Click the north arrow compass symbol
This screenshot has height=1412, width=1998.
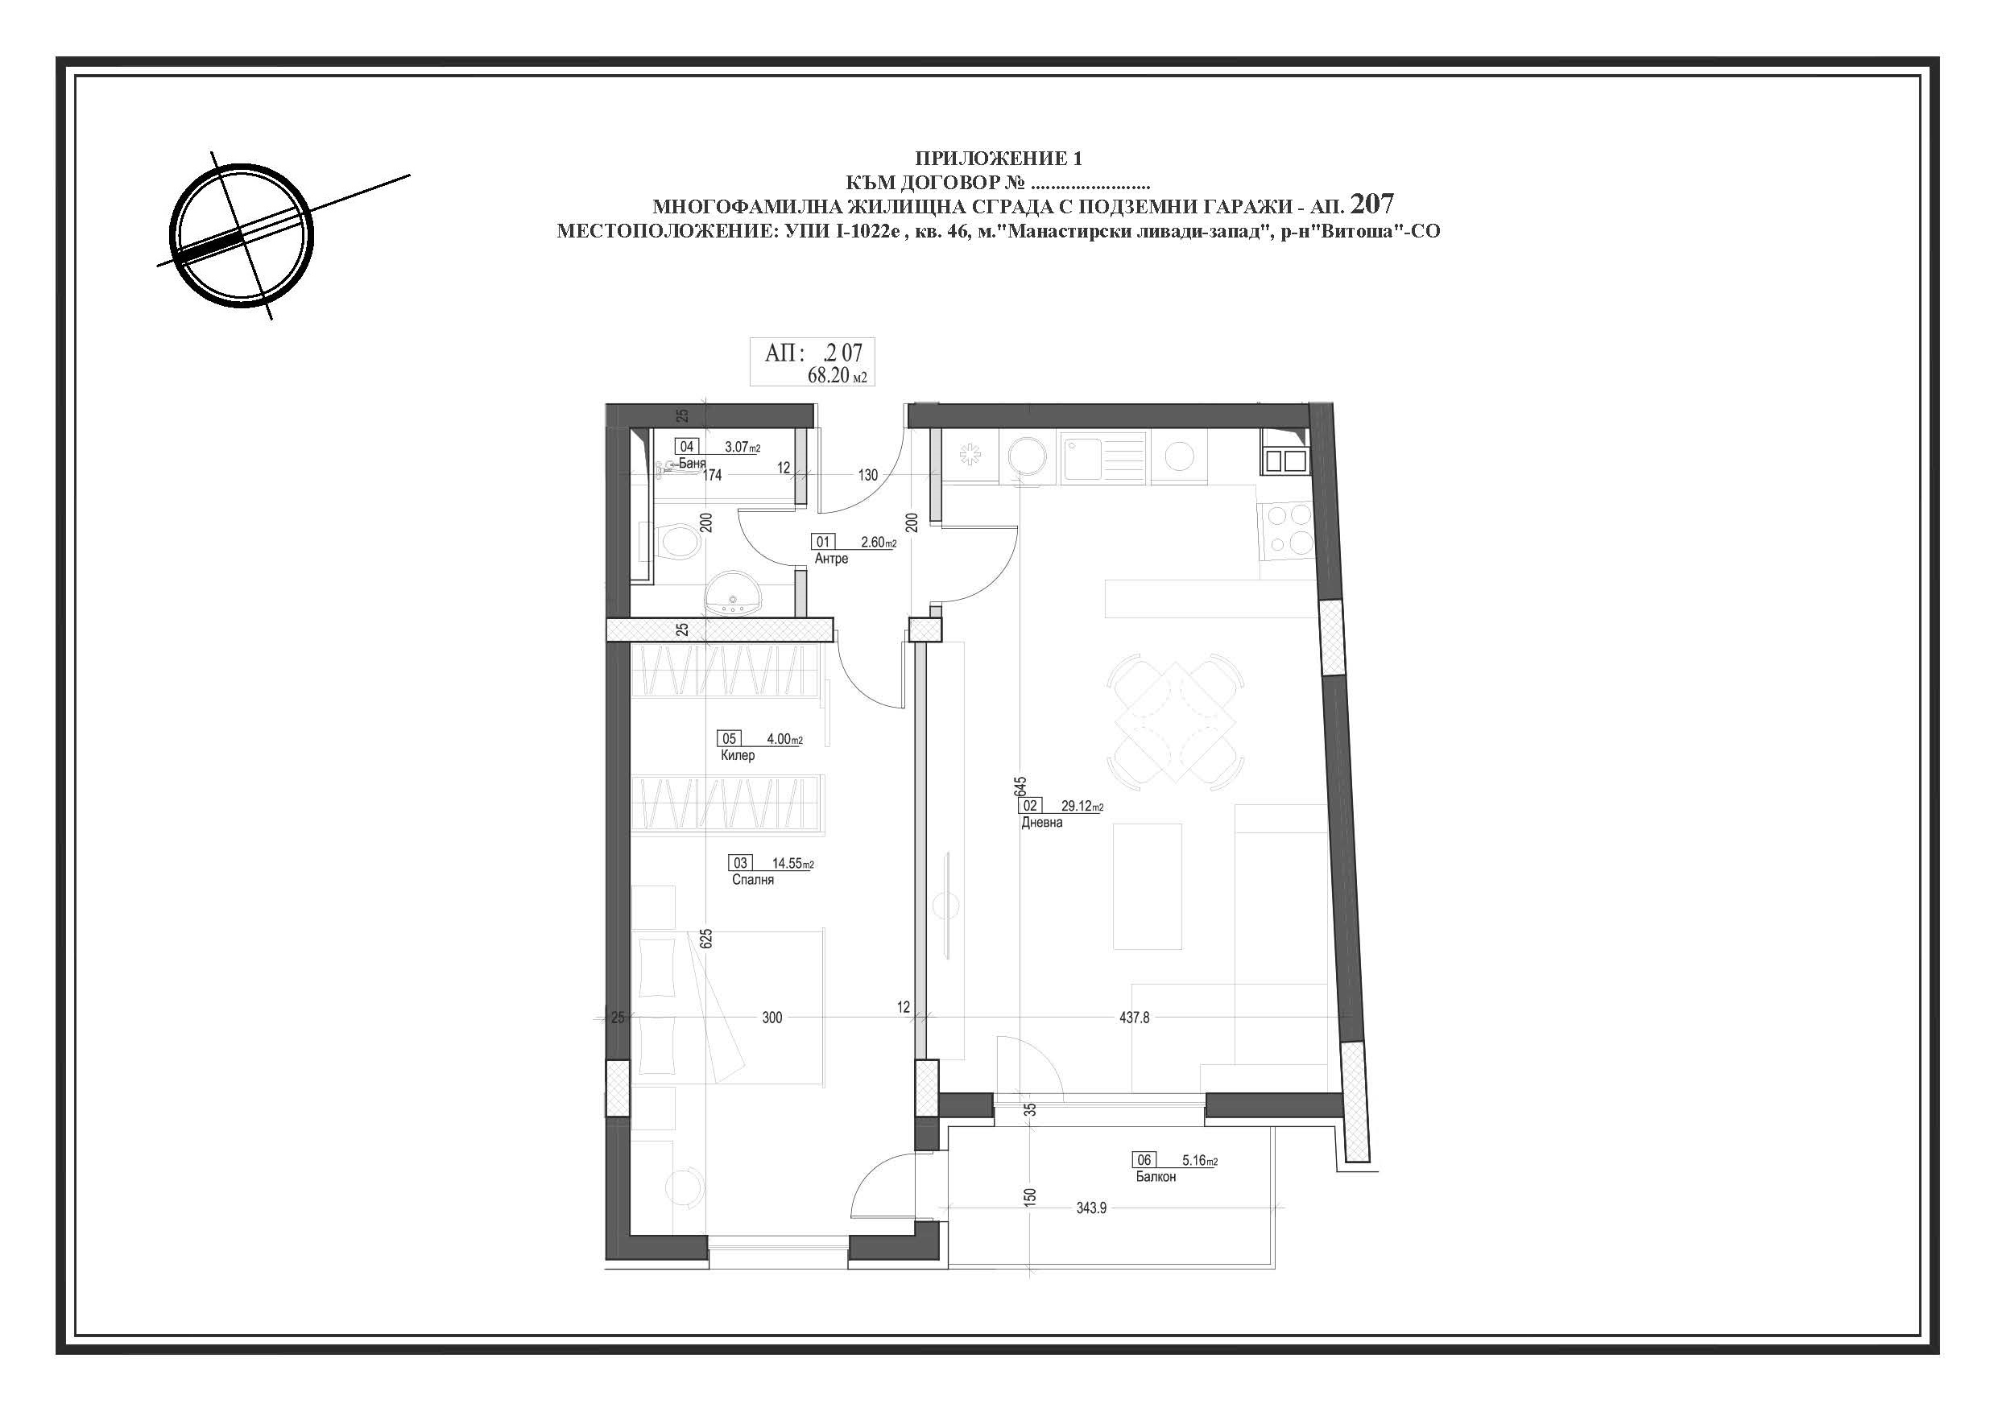[x=240, y=236]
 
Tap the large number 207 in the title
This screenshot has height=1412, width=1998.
[x=1372, y=204]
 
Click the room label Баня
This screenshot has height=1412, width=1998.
[x=692, y=464]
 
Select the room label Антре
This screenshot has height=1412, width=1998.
[x=831, y=559]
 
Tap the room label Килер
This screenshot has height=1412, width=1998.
[x=737, y=755]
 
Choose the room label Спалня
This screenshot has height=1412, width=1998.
[x=753, y=880]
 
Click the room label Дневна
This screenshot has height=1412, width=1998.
[x=1041, y=822]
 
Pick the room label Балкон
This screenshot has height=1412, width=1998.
[x=1156, y=1176]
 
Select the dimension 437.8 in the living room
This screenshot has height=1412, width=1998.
[x=1134, y=1017]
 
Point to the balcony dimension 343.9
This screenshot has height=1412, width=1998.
[x=1091, y=1208]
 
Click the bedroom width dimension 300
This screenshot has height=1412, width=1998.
[x=771, y=1017]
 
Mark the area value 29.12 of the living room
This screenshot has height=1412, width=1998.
[x=1077, y=806]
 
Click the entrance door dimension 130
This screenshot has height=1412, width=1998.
[x=867, y=475]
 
